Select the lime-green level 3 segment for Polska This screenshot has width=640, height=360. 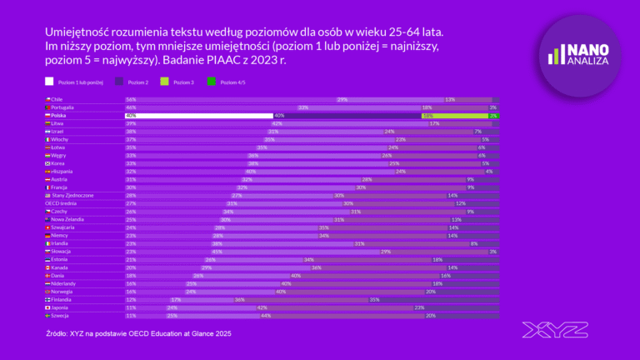pyautogui.click(x=457, y=116)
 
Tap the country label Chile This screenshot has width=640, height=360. pyautogui.click(x=57, y=99)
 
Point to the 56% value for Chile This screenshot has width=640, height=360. pyautogui.click(x=131, y=99)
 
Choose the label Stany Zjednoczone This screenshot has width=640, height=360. pyautogui.click(x=75, y=195)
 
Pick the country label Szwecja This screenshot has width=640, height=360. pyautogui.click(x=61, y=315)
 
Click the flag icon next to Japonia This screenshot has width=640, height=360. pyautogui.click(x=47, y=307)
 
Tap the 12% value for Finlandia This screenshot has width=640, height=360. pyautogui.click(x=130, y=299)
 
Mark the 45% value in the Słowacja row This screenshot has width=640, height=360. pyautogui.click(x=217, y=251)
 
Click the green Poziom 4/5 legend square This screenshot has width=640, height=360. pyautogui.click(x=210, y=82)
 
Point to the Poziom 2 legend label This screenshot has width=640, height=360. pyautogui.click(x=139, y=82)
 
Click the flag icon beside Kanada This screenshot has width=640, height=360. pyautogui.click(x=47, y=267)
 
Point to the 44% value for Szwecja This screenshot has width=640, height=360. pyautogui.click(x=266, y=315)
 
